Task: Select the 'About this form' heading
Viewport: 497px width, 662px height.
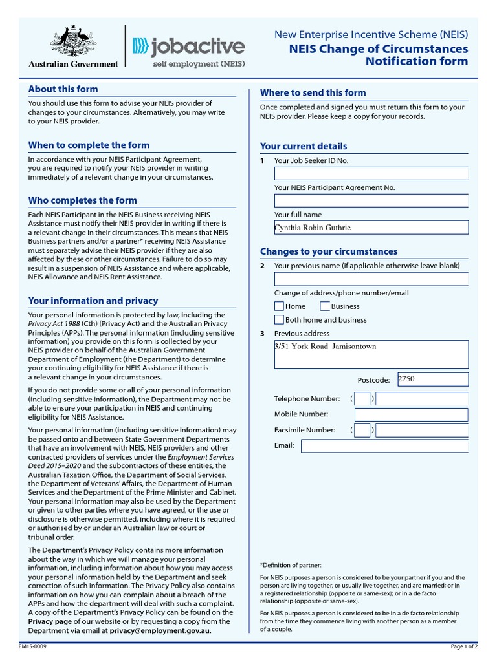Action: (x=63, y=89)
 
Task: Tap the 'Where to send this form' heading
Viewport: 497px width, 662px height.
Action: (x=313, y=92)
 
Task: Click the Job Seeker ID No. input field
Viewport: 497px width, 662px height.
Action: (x=371, y=174)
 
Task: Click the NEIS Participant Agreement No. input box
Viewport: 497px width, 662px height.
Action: (x=371, y=200)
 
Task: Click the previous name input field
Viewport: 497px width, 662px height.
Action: (x=371, y=279)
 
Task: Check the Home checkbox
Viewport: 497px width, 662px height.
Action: (x=280, y=306)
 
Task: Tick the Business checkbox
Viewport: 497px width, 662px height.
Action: (x=325, y=306)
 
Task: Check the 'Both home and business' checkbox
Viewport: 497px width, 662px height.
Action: (x=280, y=320)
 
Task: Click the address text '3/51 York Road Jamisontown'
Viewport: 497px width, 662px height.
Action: (x=326, y=347)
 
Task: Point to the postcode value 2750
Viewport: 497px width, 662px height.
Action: (x=406, y=379)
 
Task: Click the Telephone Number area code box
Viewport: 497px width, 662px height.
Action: (x=362, y=399)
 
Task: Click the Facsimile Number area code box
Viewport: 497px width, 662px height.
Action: (x=362, y=430)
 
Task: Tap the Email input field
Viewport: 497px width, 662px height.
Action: (x=384, y=446)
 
